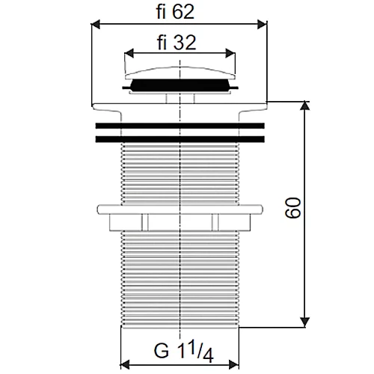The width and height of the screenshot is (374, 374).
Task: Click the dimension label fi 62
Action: tap(175, 12)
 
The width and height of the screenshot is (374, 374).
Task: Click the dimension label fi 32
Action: tap(177, 43)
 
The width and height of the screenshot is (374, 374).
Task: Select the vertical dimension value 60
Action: tap(293, 208)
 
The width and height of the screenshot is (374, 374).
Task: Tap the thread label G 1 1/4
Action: tap(184, 352)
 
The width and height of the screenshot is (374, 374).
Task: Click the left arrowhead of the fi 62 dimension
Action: tap(96, 25)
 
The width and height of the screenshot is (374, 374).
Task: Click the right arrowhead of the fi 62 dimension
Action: tap(262, 25)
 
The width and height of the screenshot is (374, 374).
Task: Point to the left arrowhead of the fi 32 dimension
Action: tap(129, 53)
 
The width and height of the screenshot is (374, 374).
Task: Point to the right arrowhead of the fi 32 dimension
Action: tap(230, 53)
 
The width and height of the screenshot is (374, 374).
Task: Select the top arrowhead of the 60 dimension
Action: tap(304, 106)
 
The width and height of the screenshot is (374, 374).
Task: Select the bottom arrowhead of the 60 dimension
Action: tap(304, 322)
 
